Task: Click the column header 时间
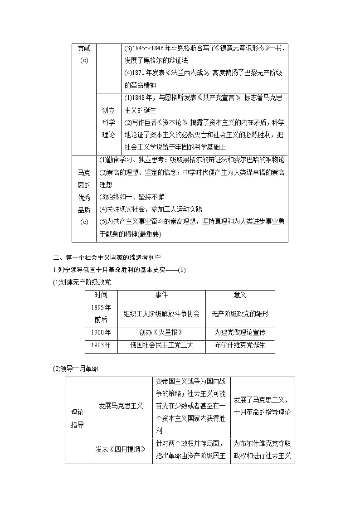click(101, 296)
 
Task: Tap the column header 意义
click(240, 296)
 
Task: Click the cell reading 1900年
click(101, 333)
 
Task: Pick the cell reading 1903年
click(101, 345)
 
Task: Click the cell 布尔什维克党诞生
click(240, 345)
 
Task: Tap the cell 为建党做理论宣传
click(240, 333)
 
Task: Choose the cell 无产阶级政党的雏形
click(240, 314)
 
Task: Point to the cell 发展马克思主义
click(121, 406)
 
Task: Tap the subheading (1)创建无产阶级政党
click(82, 282)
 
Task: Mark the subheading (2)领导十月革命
click(76, 368)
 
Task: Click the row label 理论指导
click(77, 418)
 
